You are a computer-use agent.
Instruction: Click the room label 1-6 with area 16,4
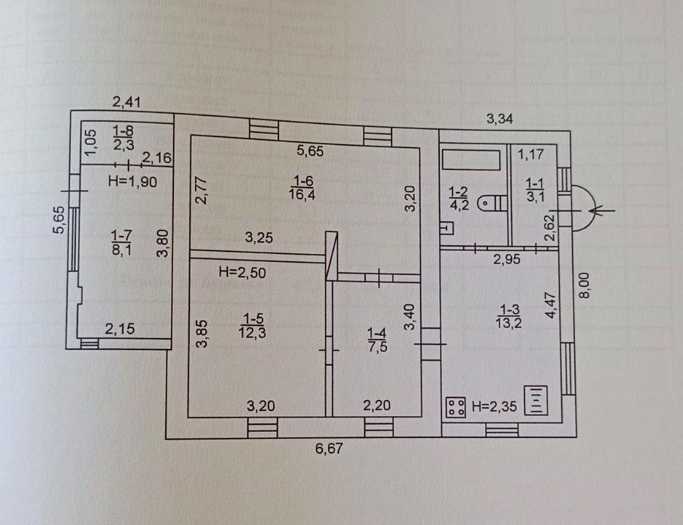tap(302, 187)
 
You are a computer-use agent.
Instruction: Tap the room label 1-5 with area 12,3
tap(252, 326)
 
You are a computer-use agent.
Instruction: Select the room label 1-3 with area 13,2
tap(508, 316)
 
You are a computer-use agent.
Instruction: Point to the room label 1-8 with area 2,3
tap(123, 137)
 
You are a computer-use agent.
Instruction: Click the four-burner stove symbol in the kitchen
tap(456, 407)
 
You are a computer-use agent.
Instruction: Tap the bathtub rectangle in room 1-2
tap(471, 160)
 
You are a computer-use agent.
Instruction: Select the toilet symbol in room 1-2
tap(492, 202)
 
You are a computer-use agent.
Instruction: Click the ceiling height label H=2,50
tap(243, 272)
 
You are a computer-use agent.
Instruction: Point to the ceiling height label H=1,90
tap(132, 181)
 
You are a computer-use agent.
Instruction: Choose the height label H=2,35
tap(495, 407)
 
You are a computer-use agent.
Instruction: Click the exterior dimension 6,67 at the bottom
tap(329, 448)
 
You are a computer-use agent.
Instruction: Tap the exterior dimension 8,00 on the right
tap(584, 286)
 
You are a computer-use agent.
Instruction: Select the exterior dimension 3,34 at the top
tap(500, 118)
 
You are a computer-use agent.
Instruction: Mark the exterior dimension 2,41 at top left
tap(127, 102)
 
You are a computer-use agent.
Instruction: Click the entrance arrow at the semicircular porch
tap(601, 211)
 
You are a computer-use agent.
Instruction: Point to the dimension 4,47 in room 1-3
tap(551, 306)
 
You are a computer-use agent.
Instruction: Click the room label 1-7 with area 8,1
tap(121, 242)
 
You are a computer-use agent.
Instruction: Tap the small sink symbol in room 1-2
tap(447, 228)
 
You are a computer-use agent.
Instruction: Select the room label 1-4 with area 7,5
tap(377, 340)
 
